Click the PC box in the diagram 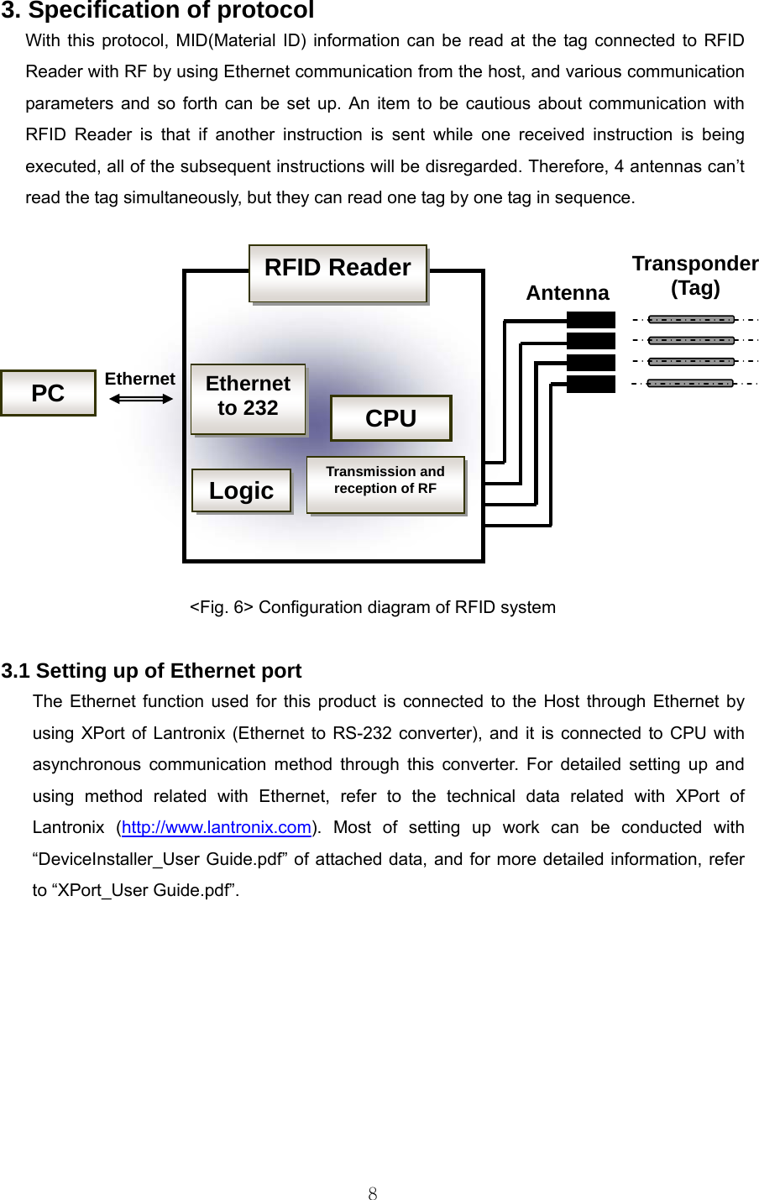48,393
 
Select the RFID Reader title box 338,273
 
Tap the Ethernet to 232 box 248,399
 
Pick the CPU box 390,418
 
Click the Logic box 241,490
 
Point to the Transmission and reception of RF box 385,484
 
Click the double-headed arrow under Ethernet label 141,399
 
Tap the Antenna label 568,293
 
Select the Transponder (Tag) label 695,275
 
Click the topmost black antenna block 591,319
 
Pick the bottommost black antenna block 591,384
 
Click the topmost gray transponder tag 691,319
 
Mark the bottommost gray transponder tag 691,383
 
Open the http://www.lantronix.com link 217,827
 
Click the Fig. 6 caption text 372,607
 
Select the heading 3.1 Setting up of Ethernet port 151,671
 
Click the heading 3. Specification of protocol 158,10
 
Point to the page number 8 373,1193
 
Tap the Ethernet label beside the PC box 139,379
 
